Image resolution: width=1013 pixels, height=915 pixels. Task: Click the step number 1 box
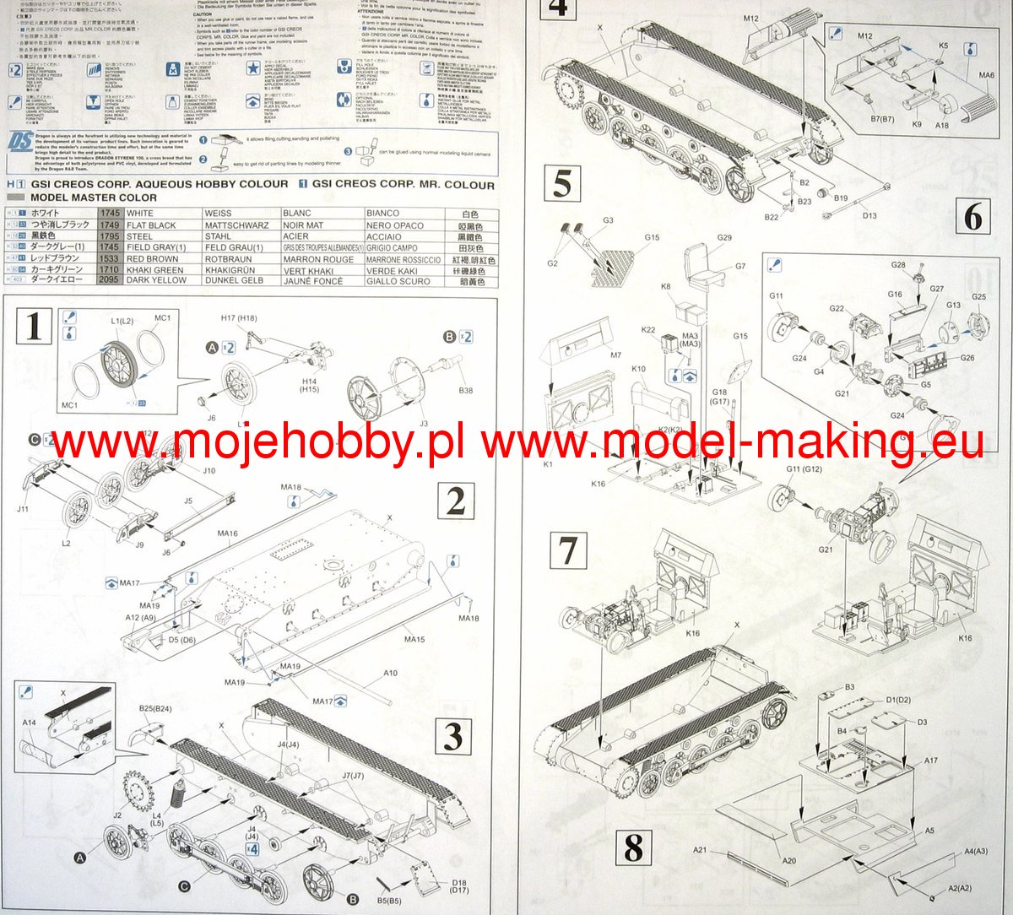(34, 326)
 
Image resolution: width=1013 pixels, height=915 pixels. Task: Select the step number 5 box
(562, 183)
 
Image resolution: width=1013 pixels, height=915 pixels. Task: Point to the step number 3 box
(453, 736)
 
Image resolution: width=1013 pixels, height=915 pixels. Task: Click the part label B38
(465, 391)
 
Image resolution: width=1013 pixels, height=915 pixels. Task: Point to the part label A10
(390, 673)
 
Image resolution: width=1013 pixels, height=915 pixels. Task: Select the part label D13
(869, 215)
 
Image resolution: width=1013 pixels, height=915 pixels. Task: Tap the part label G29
(724, 237)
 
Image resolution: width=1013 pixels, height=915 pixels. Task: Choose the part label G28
(898, 265)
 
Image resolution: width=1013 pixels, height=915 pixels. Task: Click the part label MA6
(987, 75)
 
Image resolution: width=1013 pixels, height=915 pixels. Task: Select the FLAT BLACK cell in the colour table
(151, 225)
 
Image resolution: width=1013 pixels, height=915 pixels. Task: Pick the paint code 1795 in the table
(109, 236)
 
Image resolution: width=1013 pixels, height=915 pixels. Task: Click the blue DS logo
(21, 142)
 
